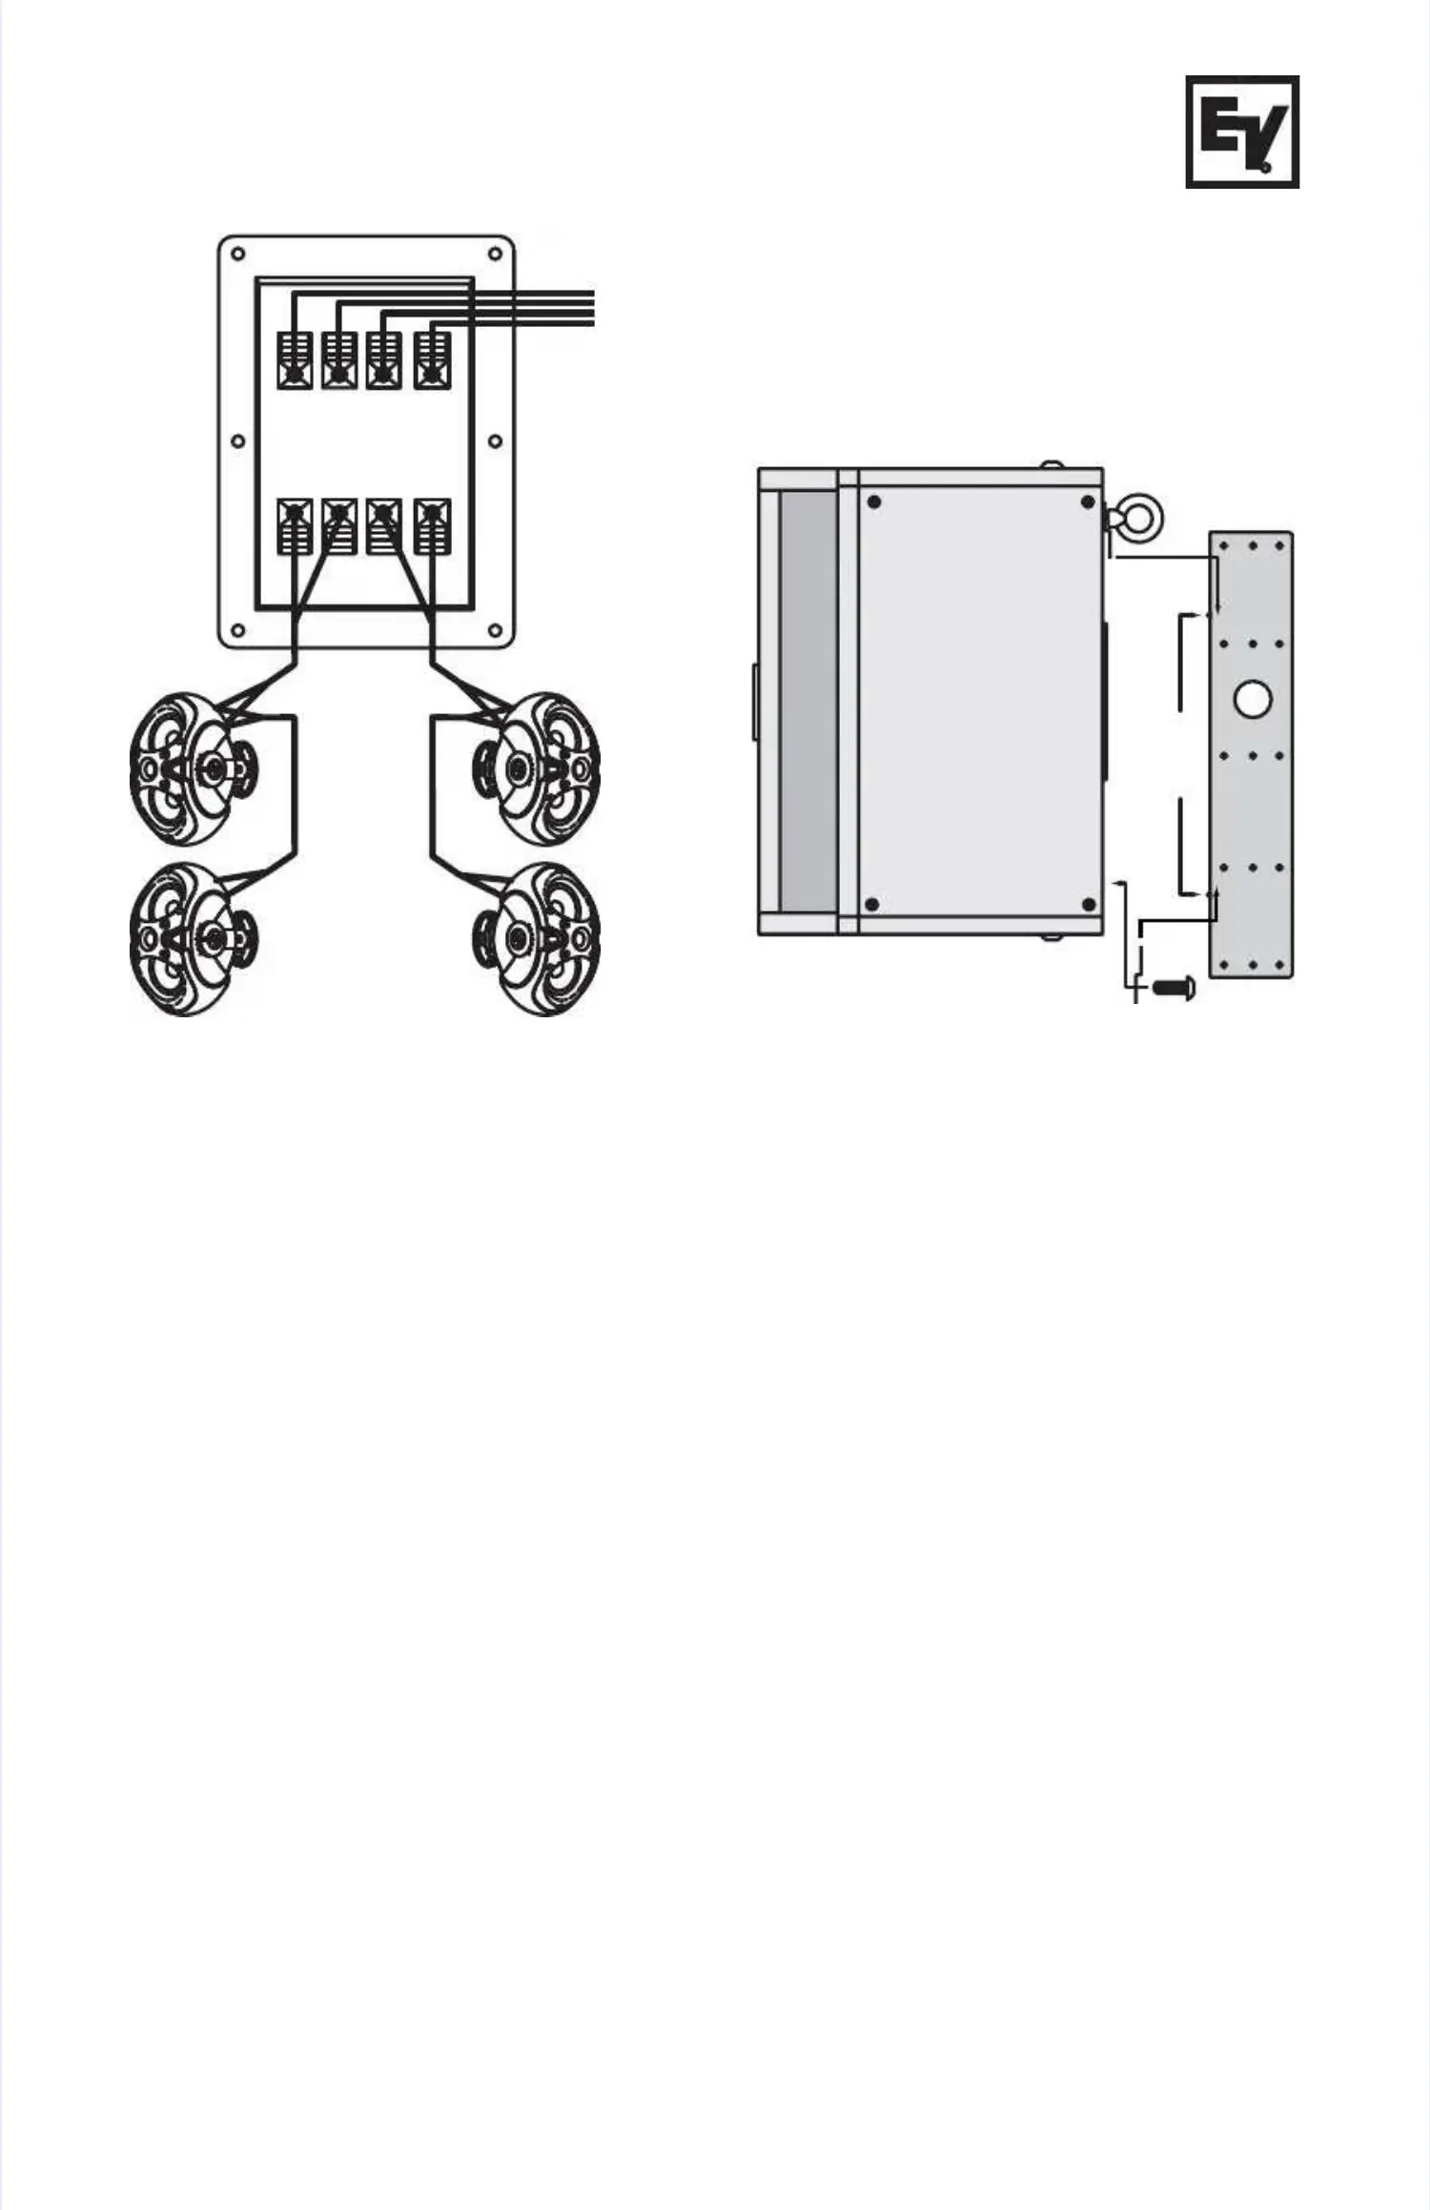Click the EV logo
coord(1242,132)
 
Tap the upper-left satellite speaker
coord(192,768)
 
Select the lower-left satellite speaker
coord(192,939)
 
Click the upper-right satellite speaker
coord(539,768)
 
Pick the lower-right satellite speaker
coord(539,939)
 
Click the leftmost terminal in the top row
coord(295,360)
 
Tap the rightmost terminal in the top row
coord(432,360)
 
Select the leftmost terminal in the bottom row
coord(295,526)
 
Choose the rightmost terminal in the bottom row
coord(432,526)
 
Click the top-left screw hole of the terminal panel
coord(238,255)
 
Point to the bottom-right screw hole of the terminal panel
coord(495,630)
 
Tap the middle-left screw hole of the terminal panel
coord(238,441)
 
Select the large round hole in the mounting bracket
coord(1253,699)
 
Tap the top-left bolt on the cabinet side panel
coord(874,501)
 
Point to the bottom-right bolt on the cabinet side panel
coord(1088,904)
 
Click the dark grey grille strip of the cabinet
coord(808,701)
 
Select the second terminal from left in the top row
coord(339,360)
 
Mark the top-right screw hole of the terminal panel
coord(495,255)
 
